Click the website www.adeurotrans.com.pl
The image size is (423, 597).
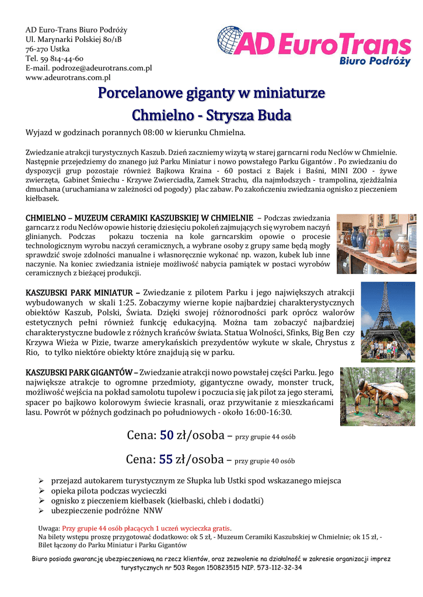(68, 77)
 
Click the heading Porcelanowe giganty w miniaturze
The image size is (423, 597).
(211, 93)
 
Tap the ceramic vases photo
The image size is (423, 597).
(376, 244)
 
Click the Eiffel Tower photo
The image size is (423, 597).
(387, 321)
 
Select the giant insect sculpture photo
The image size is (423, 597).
(377, 396)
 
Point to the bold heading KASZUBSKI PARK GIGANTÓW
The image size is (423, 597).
(79, 372)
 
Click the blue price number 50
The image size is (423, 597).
(166, 436)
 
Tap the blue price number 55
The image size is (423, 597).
(166, 459)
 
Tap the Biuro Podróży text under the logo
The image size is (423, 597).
(375, 59)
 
